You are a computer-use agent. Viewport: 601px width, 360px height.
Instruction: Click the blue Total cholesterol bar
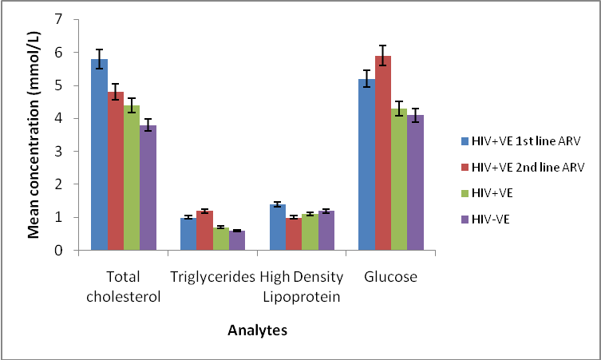coord(99,155)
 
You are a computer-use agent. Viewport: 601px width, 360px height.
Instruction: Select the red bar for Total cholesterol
coord(115,171)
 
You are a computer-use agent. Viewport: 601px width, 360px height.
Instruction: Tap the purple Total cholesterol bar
coord(148,188)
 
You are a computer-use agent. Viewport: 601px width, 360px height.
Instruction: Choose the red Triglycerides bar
coord(204,231)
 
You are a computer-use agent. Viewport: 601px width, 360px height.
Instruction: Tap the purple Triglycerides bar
coord(237,240)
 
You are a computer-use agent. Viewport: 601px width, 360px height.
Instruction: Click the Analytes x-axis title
coord(256,328)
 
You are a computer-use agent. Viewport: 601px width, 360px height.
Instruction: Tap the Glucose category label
coord(391,277)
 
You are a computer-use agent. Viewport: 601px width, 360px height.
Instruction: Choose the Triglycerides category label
coord(213,277)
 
